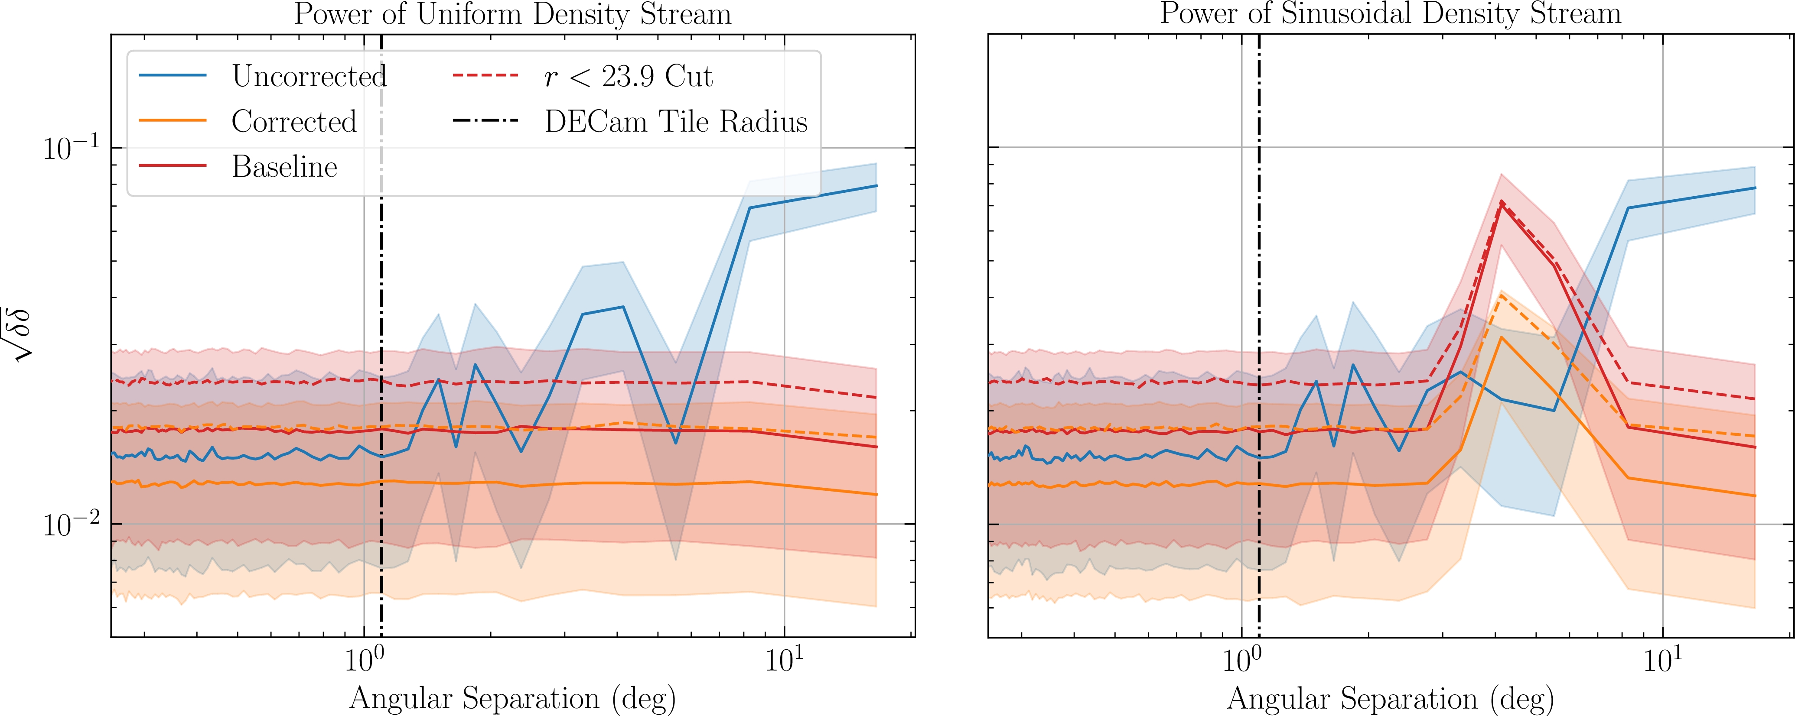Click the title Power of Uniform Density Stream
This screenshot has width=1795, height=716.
pyautogui.click(x=513, y=14)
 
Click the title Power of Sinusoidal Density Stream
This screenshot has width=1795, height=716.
pyautogui.click(x=1390, y=14)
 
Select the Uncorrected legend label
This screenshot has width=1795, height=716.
pyautogui.click(x=309, y=76)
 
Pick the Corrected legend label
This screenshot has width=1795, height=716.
pyautogui.click(x=294, y=121)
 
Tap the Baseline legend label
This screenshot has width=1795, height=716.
pyautogui.click(x=284, y=167)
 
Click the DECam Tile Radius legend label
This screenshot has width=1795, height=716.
pyautogui.click(x=676, y=121)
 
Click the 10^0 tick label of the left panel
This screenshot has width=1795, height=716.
pyautogui.click(x=364, y=659)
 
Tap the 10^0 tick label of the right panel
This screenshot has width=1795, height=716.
pyautogui.click(x=1242, y=659)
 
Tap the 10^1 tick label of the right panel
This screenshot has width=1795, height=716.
pyautogui.click(x=1663, y=659)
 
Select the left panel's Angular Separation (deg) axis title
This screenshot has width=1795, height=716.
pyautogui.click(x=513, y=698)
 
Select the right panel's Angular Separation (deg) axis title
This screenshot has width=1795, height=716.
pyautogui.click(x=1390, y=698)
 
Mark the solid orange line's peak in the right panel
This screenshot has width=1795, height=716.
pyautogui.click(x=1501, y=338)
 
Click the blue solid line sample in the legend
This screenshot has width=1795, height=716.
pyautogui.click(x=173, y=75)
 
